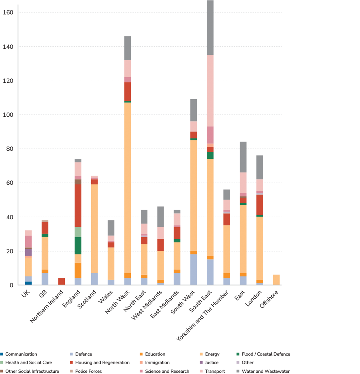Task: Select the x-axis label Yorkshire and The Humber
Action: click(202, 316)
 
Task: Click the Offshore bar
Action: click(276, 280)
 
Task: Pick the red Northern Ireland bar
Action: click(61, 281)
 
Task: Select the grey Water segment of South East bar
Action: click(210, 28)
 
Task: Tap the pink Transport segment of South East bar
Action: click(210, 90)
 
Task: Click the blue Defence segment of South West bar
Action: click(194, 270)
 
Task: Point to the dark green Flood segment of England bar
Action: click(78, 246)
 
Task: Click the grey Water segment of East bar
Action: click(243, 157)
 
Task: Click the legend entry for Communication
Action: click(21, 354)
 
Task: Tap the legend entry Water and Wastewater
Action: click(266, 371)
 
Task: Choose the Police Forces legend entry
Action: click(88, 371)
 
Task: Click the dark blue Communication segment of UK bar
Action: click(28, 283)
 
